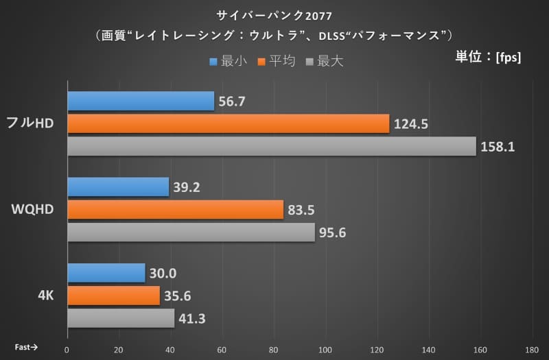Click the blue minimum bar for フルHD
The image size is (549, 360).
(x=141, y=101)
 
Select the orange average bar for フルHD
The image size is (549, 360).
(x=228, y=123)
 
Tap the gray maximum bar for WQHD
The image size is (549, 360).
(x=191, y=232)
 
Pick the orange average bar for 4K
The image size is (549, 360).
(x=113, y=296)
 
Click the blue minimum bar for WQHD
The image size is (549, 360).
(x=118, y=187)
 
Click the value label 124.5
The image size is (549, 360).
(x=410, y=124)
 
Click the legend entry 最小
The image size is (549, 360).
(x=230, y=62)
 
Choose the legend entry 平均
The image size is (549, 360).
(x=277, y=62)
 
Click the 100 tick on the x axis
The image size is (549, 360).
(x=325, y=348)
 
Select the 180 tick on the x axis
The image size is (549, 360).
(x=532, y=348)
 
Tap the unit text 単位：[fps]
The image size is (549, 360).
(x=488, y=57)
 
